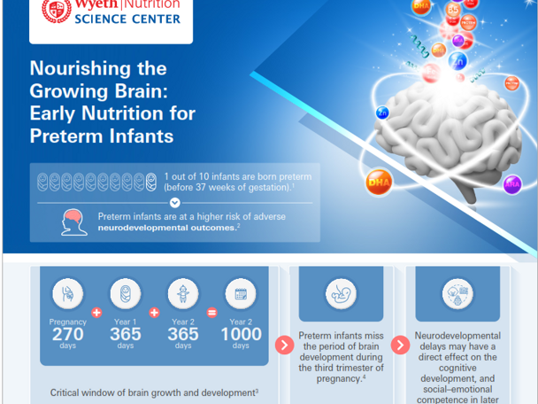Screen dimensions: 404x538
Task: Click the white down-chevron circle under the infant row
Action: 174,203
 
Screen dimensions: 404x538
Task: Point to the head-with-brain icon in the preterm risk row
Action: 74,221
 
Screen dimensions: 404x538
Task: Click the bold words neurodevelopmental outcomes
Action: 166,228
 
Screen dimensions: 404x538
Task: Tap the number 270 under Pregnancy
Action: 68,334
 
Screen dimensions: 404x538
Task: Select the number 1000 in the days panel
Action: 241,334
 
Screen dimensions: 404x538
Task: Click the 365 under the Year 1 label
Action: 126,334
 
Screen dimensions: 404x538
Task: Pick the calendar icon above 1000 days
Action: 241,293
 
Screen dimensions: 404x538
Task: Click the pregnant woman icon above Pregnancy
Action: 68,293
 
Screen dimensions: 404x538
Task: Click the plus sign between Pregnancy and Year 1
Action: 96,313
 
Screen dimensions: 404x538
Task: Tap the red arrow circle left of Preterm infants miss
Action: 285,345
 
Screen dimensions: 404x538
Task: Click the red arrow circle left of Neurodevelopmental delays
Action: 403,345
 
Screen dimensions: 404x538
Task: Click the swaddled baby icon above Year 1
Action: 126,293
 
